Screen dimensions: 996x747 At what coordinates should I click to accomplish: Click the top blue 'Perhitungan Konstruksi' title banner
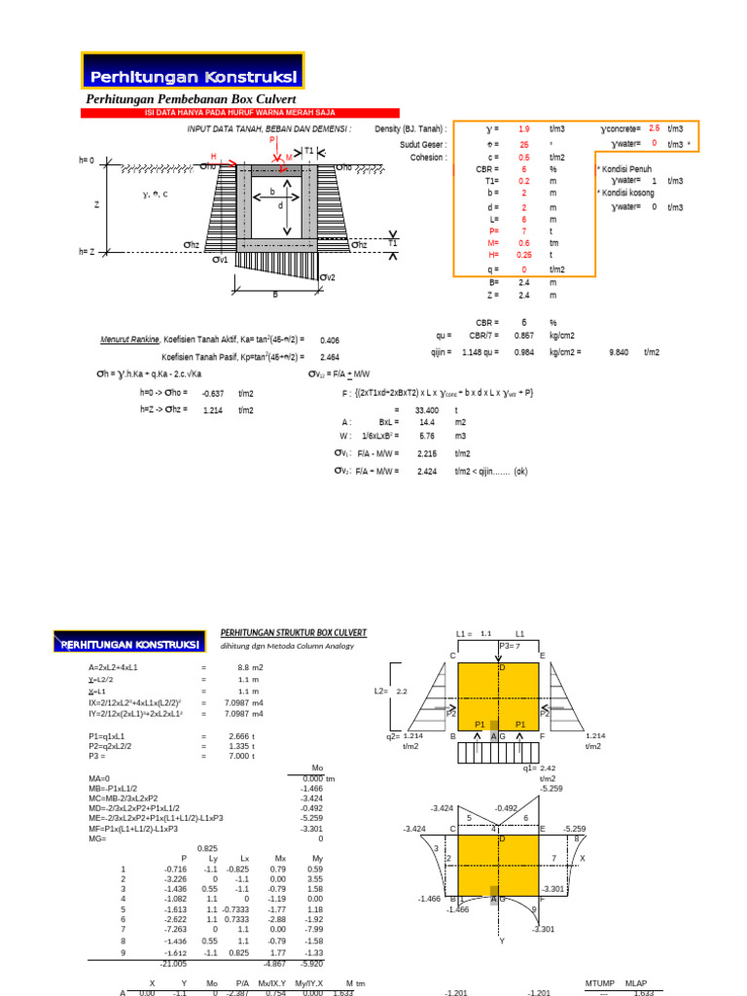point(194,77)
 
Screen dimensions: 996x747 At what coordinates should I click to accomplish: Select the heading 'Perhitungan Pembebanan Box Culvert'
point(191,100)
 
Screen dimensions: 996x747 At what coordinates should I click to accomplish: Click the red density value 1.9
point(524,129)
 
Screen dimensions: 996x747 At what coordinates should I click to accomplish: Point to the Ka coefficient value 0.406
point(330,340)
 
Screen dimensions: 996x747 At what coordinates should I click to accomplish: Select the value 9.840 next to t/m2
point(619,353)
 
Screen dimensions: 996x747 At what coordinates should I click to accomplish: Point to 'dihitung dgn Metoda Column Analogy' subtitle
point(287,646)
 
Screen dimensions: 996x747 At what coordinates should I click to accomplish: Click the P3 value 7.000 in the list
point(239,756)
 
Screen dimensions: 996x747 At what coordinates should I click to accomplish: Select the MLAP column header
point(637,983)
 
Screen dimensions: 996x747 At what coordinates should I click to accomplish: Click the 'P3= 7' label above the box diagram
point(511,645)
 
